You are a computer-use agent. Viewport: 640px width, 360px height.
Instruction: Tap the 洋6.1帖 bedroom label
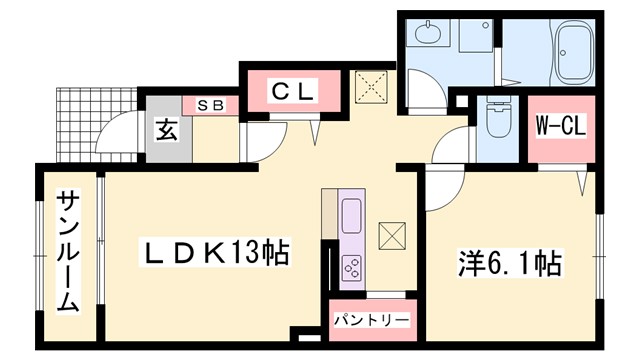(x=510, y=264)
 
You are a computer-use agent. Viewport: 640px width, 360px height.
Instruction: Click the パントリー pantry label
(x=371, y=321)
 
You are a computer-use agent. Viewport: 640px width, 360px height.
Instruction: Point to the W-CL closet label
(x=559, y=126)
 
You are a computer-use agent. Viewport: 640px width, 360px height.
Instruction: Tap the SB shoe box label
(x=209, y=104)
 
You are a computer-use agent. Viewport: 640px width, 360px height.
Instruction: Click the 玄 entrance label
(x=165, y=130)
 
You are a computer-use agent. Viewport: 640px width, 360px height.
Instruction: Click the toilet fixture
(x=496, y=124)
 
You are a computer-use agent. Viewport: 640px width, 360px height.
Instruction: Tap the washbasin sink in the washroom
(x=427, y=37)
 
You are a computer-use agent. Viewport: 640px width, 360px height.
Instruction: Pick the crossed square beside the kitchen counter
(x=392, y=236)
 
